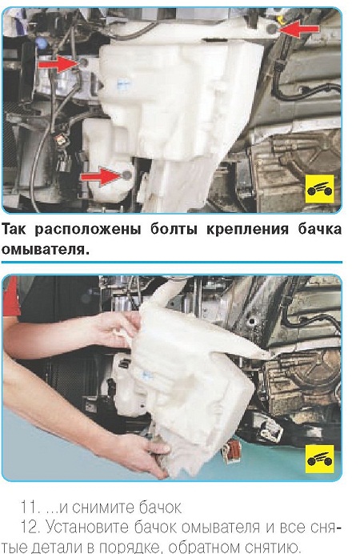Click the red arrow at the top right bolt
pos(299,29)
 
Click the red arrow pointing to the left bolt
pos(58,64)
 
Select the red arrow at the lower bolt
pos(101,176)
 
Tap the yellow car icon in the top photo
pos(319,189)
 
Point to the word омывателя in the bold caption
pos(43,250)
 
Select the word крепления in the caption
pos(247,231)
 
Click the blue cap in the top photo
pos(41,43)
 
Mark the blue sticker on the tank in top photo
pos(123,83)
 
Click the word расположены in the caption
pos(88,231)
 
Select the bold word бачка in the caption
pos(320,230)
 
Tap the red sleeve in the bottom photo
pos(10,296)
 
